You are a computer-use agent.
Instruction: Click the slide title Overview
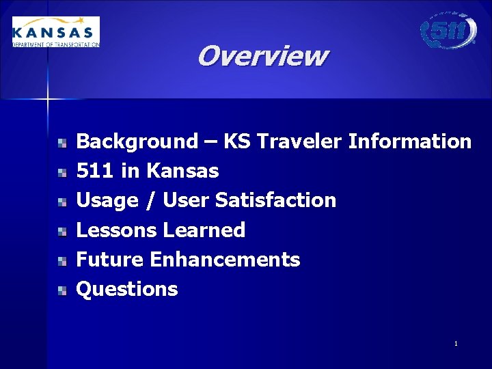tap(262, 56)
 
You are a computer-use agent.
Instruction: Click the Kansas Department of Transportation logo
tap(56, 32)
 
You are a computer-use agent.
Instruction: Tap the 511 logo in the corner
tap(448, 31)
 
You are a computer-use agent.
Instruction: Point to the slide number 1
tap(456, 343)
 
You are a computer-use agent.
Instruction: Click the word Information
tap(410, 142)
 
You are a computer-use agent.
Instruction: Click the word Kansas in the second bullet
tap(182, 171)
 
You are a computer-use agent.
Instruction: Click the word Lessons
tap(115, 230)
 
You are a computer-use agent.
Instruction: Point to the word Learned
tap(203, 230)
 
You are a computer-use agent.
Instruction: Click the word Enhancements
tap(225, 260)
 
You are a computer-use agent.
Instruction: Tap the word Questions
tap(127, 290)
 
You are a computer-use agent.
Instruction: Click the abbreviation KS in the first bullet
tap(238, 142)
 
